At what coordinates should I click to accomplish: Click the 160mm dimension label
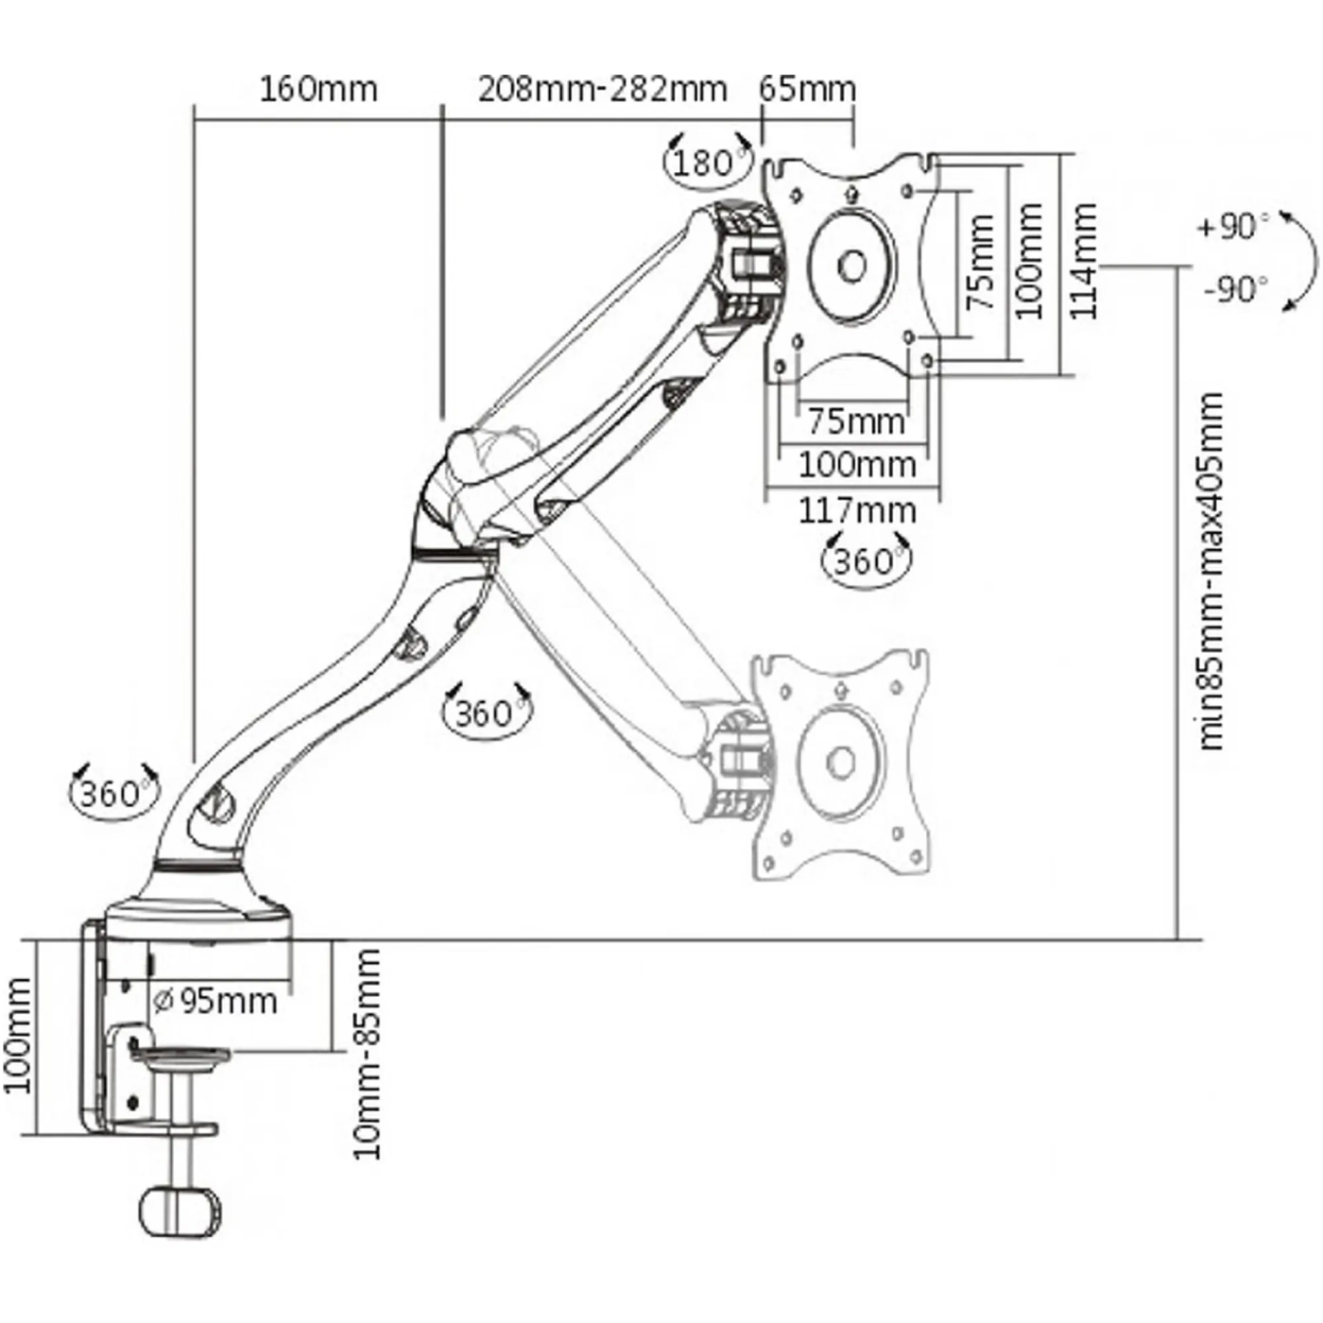tap(318, 89)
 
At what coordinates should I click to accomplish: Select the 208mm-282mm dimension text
tap(602, 89)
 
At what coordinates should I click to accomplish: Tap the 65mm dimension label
tap(807, 89)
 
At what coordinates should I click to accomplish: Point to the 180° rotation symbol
tap(706, 163)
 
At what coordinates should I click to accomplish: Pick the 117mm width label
tap(857, 510)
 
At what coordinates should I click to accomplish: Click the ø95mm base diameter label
tap(215, 1000)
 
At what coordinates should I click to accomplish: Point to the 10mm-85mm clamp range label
tap(366, 1054)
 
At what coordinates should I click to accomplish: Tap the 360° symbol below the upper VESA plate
tap(865, 561)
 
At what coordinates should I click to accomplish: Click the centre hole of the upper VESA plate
tap(851, 266)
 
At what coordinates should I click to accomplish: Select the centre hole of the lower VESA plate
tap(840, 761)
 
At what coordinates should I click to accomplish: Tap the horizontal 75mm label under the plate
tap(855, 420)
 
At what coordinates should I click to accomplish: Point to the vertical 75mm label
tap(982, 262)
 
